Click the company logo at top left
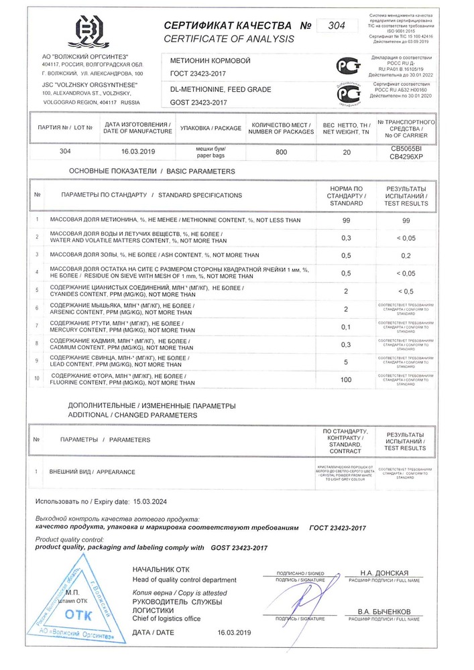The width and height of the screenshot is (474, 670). (x=89, y=31)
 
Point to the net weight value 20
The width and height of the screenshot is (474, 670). (x=346, y=152)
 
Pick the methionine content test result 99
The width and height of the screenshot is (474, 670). (x=405, y=220)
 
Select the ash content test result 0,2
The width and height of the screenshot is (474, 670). (x=405, y=255)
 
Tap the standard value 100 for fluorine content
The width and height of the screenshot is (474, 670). (x=346, y=379)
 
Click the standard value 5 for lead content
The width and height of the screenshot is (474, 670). (x=346, y=362)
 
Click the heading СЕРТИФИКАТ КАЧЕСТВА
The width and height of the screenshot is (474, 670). (x=228, y=25)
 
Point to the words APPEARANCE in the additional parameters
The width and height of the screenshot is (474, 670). (x=116, y=472)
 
